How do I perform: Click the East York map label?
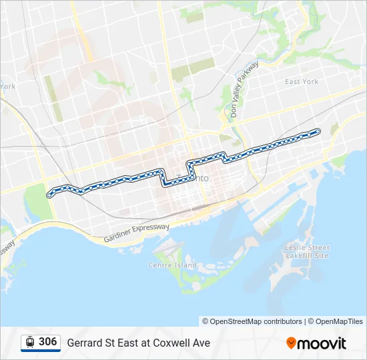(x=301, y=82)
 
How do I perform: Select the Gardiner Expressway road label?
(x=137, y=233)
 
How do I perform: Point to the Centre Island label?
(x=172, y=265)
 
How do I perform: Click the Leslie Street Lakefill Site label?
(x=308, y=251)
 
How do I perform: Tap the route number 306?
(x=47, y=342)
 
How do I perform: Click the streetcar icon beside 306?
(x=30, y=342)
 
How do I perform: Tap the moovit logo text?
(x=323, y=343)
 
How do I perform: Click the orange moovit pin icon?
(x=291, y=343)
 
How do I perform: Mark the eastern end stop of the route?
(x=318, y=131)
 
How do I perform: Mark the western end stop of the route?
(x=49, y=195)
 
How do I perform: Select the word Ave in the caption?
(x=201, y=343)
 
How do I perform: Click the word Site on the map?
(x=321, y=255)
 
